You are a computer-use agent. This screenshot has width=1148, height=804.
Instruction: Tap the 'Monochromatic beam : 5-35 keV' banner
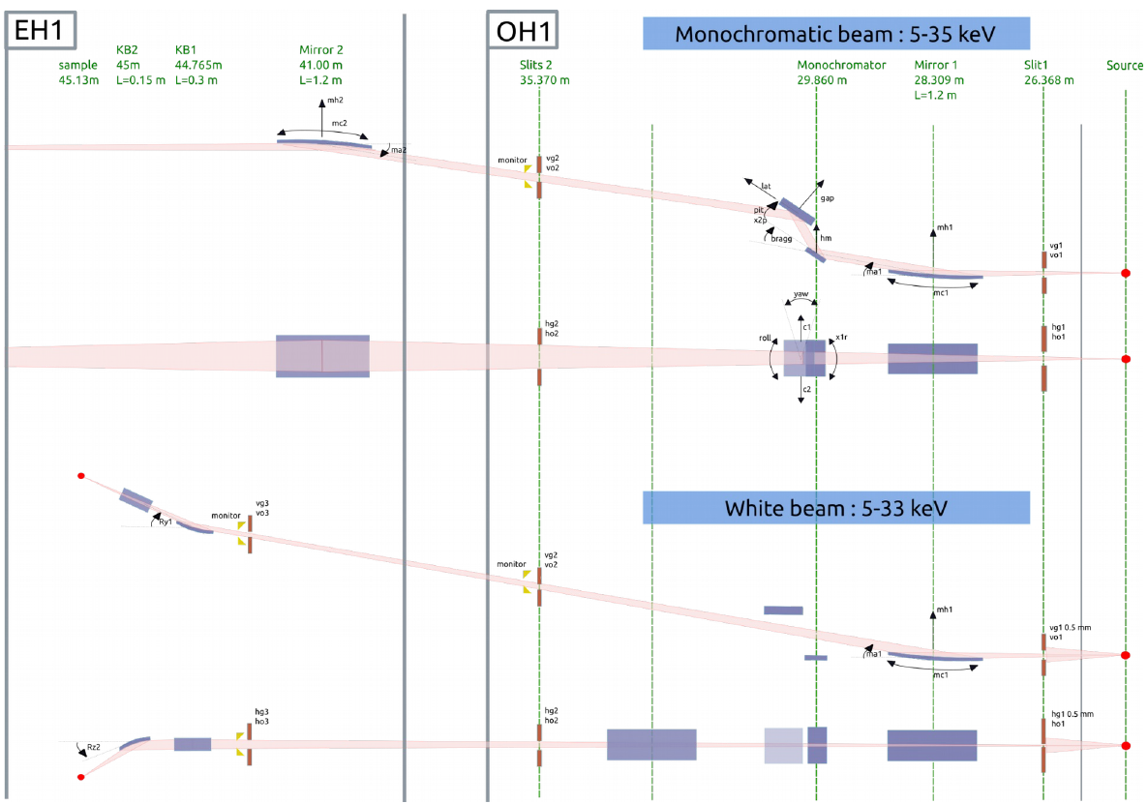coord(834,34)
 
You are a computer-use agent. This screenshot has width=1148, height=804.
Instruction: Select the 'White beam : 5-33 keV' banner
coord(834,508)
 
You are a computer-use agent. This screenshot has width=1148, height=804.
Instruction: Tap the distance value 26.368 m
coord(1048,80)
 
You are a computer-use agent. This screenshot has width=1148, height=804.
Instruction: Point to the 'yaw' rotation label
coord(801,293)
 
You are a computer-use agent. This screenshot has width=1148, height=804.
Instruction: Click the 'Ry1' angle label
coord(165,521)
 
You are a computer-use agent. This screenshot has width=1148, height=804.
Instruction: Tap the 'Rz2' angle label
coord(94,746)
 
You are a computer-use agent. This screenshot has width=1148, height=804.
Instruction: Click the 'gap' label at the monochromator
coord(826,197)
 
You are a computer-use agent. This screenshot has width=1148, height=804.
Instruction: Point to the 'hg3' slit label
coord(260,712)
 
